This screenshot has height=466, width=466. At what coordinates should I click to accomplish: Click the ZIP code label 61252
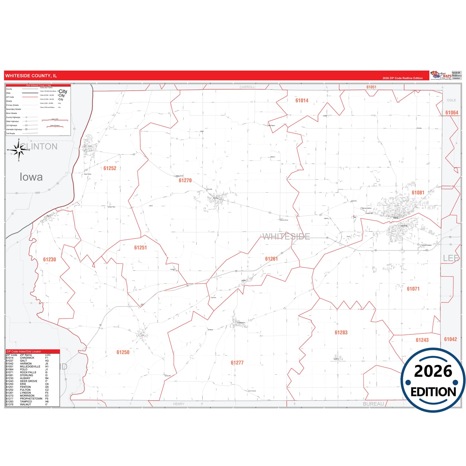[x=110, y=168]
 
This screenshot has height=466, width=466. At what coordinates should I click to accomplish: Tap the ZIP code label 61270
[x=185, y=181]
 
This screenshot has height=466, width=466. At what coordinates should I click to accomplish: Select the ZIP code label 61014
[x=302, y=101]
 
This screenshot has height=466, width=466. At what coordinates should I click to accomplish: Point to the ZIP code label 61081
[x=418, y=193]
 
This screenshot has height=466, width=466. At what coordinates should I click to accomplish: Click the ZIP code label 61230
[x=50, y=260]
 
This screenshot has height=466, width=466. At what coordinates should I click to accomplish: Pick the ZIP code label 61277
[x=237, y=363]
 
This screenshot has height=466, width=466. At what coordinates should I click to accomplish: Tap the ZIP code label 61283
[x=341, y=333]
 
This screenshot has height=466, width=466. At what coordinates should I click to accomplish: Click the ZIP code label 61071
[x=413, y=289]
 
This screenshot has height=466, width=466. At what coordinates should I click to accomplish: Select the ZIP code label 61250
[x=123, y=352]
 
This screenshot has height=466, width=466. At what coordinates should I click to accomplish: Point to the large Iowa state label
[x=31, y=177]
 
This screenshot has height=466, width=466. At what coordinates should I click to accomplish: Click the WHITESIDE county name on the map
[x=286, y=237]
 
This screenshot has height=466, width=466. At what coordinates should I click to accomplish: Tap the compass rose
[x=19, y=150]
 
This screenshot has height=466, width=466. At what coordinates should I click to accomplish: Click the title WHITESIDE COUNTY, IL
[x=31, y=76]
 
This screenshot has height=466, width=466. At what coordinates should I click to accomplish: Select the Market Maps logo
[x=441, y=75]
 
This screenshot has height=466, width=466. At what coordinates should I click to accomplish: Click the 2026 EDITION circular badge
[x=433, y=381]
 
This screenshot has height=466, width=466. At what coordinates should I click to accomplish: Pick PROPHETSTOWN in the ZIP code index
[x=31, y=399]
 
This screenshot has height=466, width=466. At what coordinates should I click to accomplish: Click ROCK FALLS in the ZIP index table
[x=28, y=372]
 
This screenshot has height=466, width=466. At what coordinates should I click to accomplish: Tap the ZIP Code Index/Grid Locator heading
[x=24, y=352]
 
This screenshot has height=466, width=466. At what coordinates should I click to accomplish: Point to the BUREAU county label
[x=373, y=404]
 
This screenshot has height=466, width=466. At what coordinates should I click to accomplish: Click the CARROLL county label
[x=247, y=87]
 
